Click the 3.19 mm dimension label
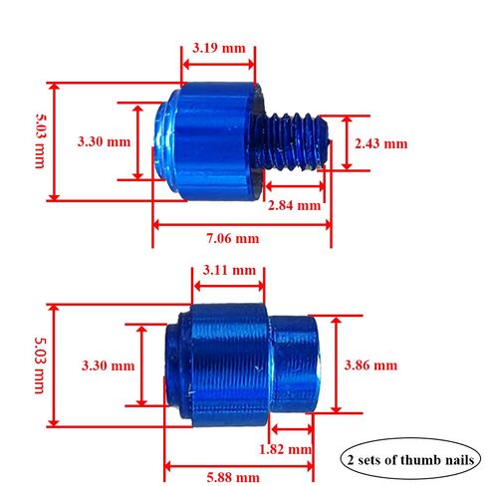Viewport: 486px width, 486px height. [219, 48]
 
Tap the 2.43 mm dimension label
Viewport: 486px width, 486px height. [380, 143]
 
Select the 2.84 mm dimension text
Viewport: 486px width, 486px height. [295, 205]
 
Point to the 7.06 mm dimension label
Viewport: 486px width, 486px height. [233, 238]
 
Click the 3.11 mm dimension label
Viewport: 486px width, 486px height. [229, 270]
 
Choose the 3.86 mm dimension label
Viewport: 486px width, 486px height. [370, 365]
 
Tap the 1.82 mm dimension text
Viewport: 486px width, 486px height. [285, 449]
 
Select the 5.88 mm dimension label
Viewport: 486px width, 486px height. [233, 477]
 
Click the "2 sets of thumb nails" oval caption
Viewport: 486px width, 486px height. [410, 460]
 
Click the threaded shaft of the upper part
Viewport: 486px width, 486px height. [291, 142]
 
